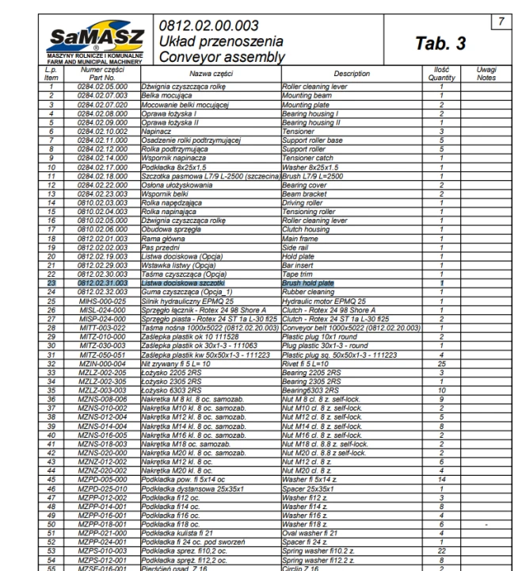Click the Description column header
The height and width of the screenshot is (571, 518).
click(350, 74)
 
